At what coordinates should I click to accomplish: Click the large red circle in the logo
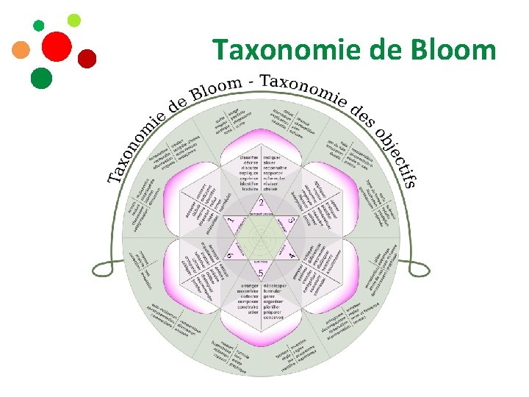tap(57, 48)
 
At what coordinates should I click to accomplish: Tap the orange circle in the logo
tap(21, 50)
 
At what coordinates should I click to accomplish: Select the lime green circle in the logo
tap(73, 20)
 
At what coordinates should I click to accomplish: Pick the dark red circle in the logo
tap(87, 59)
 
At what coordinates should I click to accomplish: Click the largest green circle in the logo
tap(41, 78)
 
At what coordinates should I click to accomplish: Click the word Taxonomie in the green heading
tap(294, 50)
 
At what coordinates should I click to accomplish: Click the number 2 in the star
tap(261, 202)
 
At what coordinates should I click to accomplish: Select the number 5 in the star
tap(261, 273)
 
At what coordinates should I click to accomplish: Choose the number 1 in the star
tap(230, 220)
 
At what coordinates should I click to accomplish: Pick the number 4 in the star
tap(292, 254)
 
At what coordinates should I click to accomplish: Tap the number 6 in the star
tap(230, 255)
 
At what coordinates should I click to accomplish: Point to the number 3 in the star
tap(292, 220)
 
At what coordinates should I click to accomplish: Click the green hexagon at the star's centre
tap(261, 237)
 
